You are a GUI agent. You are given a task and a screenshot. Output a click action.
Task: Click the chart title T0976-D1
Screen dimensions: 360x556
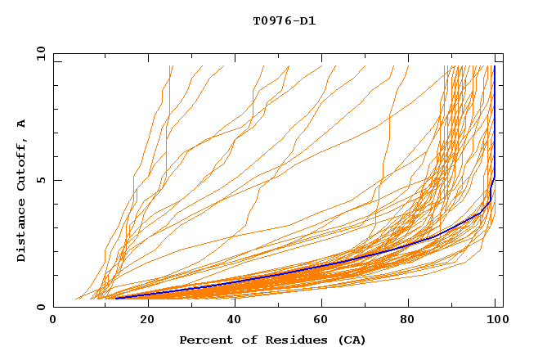[284, 21]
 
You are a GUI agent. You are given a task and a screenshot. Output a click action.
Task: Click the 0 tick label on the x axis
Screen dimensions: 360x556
[53, 322]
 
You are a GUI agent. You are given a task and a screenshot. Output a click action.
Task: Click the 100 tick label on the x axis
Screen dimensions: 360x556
[495, 322]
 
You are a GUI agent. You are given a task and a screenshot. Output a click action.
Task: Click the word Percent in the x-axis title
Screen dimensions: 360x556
[203, 340]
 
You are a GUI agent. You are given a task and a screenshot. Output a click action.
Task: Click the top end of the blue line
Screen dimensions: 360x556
[495, 66]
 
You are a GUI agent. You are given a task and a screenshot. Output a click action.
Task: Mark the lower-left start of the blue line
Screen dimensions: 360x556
[115, 298]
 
